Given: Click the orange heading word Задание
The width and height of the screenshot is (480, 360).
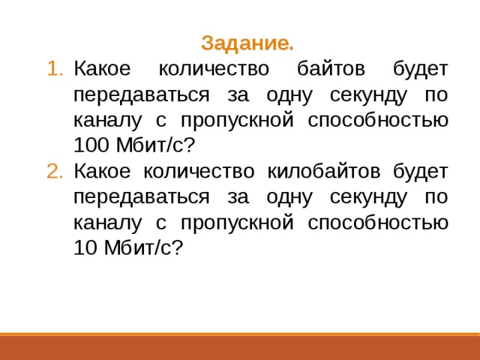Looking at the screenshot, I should coord(247,43).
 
